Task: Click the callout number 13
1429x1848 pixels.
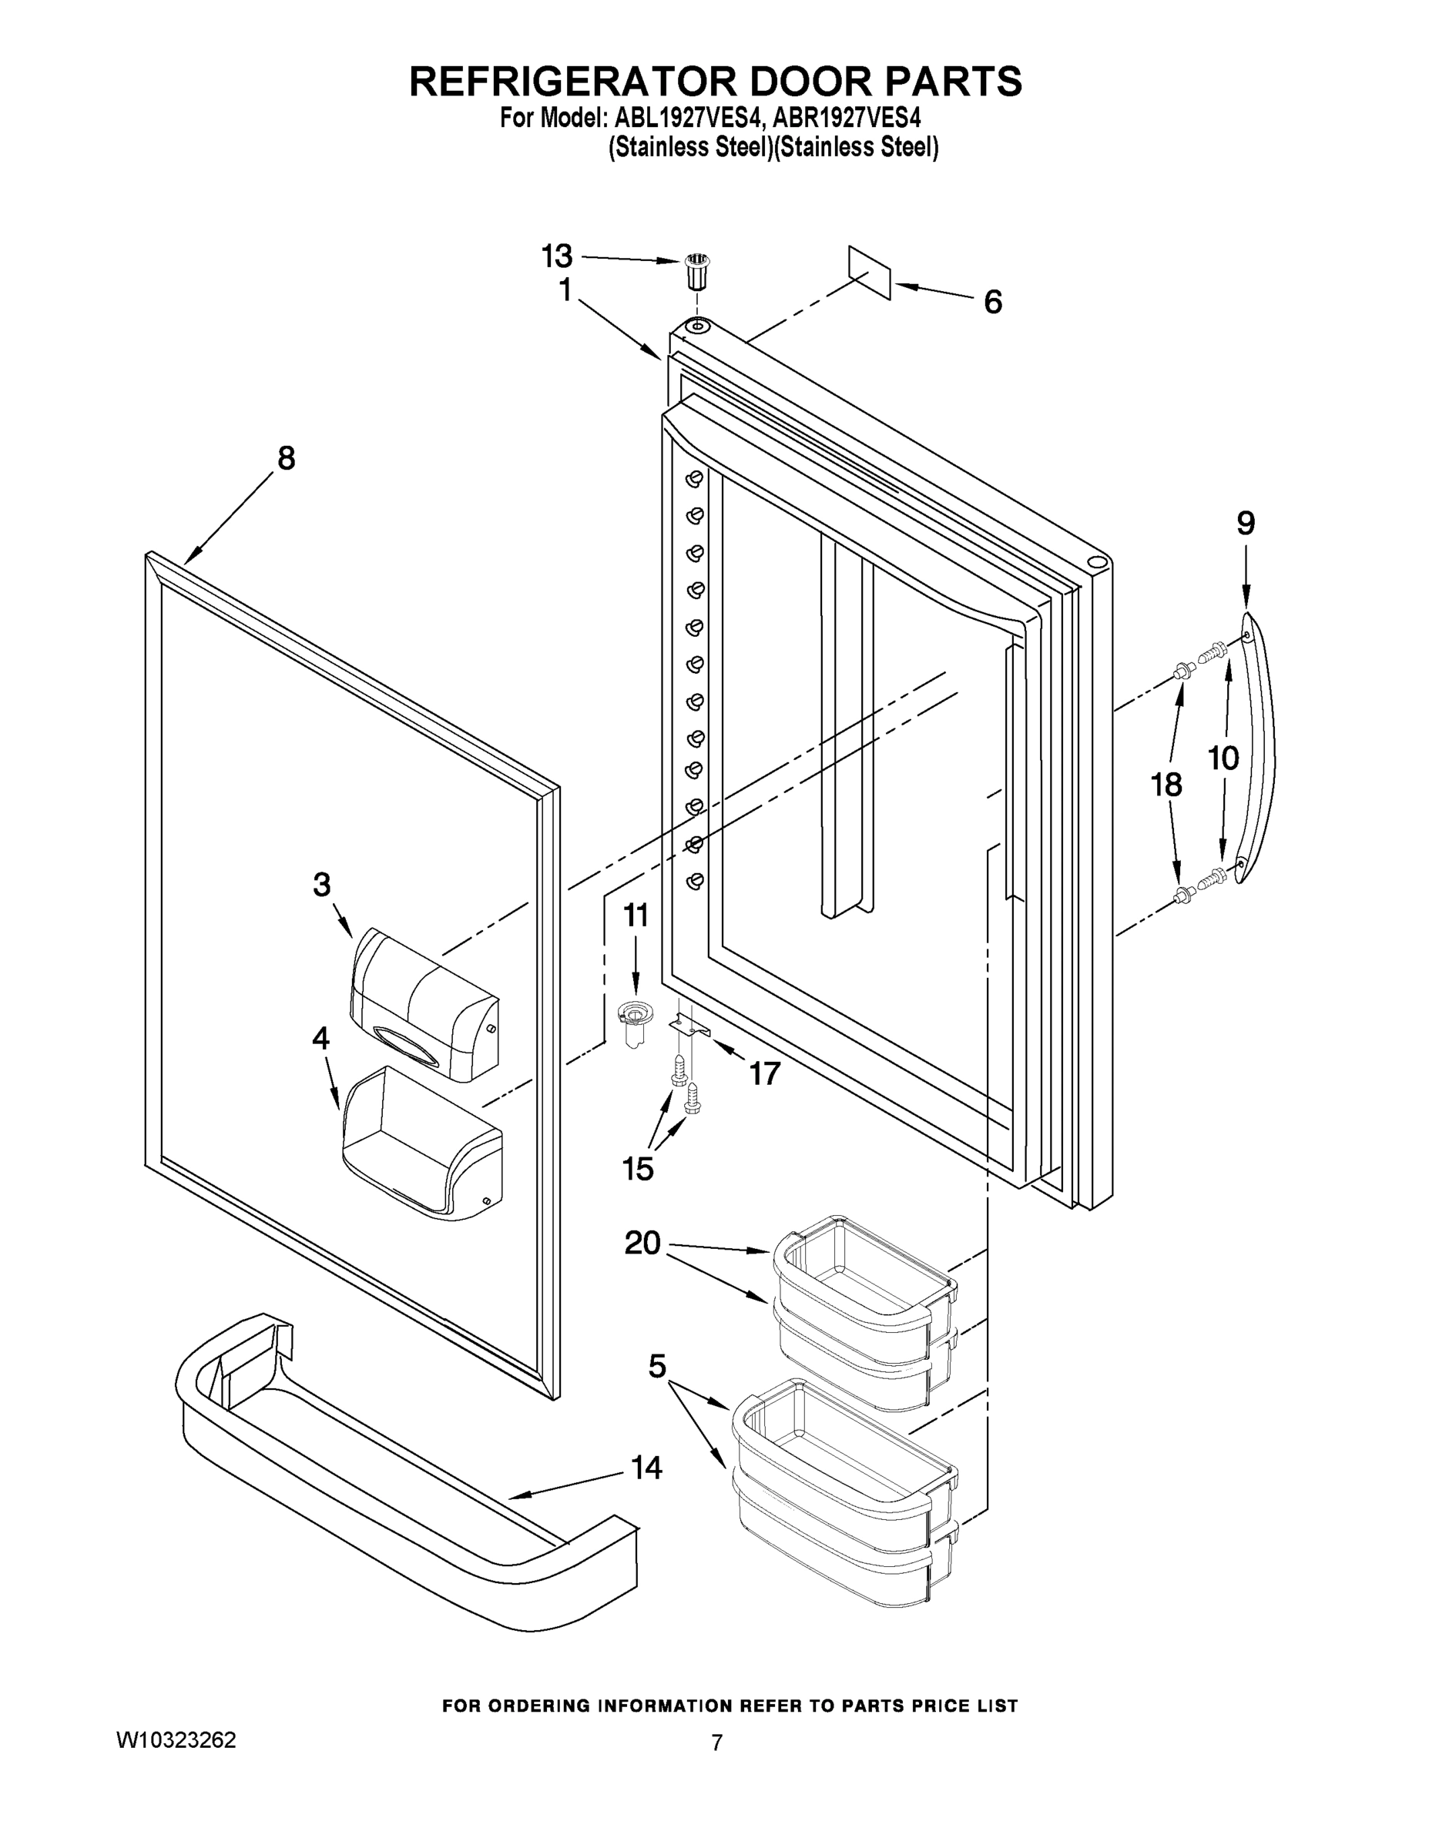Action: [557, 256]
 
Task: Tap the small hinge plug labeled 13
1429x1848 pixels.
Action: [696, 272]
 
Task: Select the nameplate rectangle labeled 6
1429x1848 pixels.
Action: [870, 273]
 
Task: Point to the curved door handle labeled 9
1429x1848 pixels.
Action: [1256, 749]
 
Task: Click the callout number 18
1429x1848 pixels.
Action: [1166, 785]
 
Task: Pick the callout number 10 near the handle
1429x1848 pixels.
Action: [1223, 758]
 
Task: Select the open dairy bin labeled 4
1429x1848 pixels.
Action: [421, 1143]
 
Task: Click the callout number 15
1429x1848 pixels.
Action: [639, 1170]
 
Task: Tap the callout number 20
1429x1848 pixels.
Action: [642, 1243]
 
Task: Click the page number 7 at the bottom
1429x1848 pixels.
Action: [716, 1743]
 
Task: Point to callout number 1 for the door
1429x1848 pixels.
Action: [565, 290]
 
